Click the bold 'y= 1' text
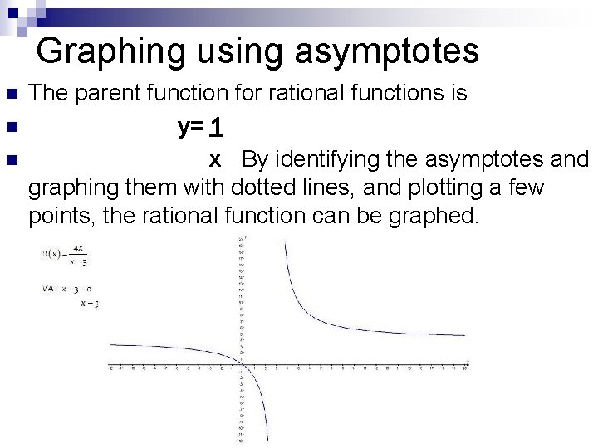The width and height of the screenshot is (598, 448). (199, 128)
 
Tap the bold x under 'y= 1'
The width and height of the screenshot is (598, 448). (214, 158)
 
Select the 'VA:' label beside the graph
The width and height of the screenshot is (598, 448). (49, 289)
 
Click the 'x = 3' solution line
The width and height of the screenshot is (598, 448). (89, 304)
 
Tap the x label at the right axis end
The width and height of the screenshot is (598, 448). (468, 361)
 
